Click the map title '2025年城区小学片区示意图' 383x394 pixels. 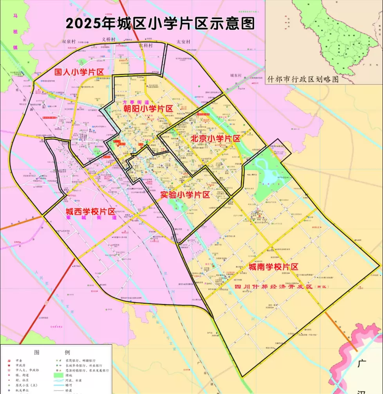[x=160, y=23]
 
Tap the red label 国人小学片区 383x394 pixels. [x=79, y=72]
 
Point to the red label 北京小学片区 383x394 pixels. [x=215, y=138]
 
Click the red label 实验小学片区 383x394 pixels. [x=185, y=195]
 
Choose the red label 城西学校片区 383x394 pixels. [x=90, y=211]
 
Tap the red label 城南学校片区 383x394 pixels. [x=273, y=267]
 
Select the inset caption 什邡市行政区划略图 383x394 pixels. [x=303, y=79]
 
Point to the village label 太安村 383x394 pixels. [x=183, y=41]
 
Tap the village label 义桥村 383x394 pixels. [x=108, y=39]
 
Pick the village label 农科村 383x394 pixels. [x=146, y=45]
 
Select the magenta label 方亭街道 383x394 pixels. [x=133, y=102]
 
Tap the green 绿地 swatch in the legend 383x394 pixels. [x=59, y=374]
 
